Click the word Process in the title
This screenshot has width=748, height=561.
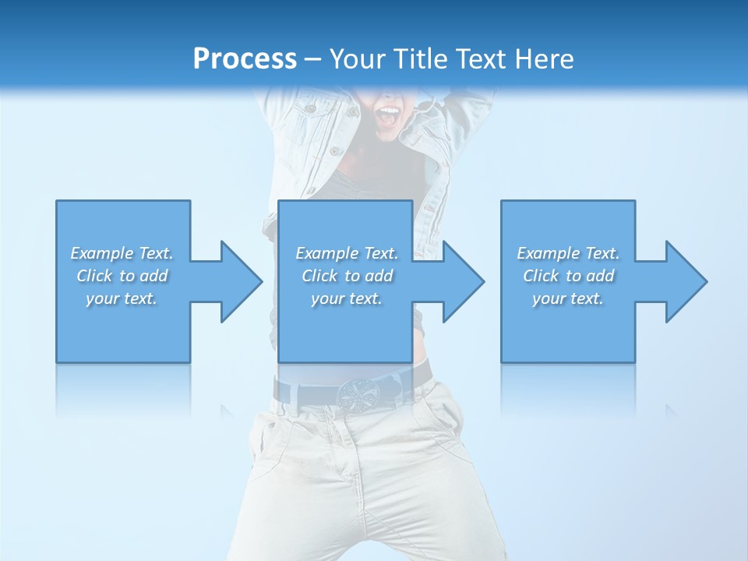click(x=245, y=59)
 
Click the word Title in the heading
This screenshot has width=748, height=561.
click(x=422, y=59)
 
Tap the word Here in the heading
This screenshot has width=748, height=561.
click(x=543, y=59)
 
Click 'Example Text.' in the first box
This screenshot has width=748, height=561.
click(x=122, y=253)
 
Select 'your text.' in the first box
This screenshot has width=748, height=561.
click(x=122, y=298)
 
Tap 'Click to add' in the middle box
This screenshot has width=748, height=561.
click(x=347, y=276)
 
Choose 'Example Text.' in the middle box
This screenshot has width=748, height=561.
click(x=347, y=253)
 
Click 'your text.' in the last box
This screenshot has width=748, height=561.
click(x=568, y=298)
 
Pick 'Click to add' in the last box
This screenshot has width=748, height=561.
click(x=568, y=276)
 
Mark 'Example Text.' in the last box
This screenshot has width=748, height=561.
click(x=568, y=253)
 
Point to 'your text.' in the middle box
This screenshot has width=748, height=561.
click(x=347, y=298)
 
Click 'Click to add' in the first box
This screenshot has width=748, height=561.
click(x=122, y=276)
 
